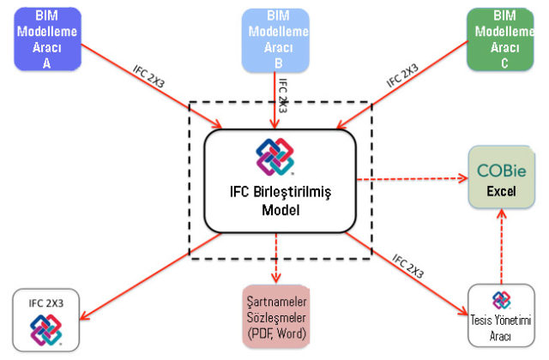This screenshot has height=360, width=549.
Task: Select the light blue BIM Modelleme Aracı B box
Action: pyautogui.click(x=276, y=39)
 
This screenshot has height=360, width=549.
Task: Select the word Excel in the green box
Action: pyautogui.click(x=502, y=191)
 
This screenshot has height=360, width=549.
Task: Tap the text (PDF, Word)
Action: pyautogui.click(x=275, y=333)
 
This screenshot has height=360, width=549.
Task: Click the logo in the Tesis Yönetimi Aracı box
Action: pyautogui.click(x=501, y=299)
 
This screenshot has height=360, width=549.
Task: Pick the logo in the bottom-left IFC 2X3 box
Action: pyautogui.click(x=46, y=330)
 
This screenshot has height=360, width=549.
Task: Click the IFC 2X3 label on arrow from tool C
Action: pyautogui.click(x=402, y=75)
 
